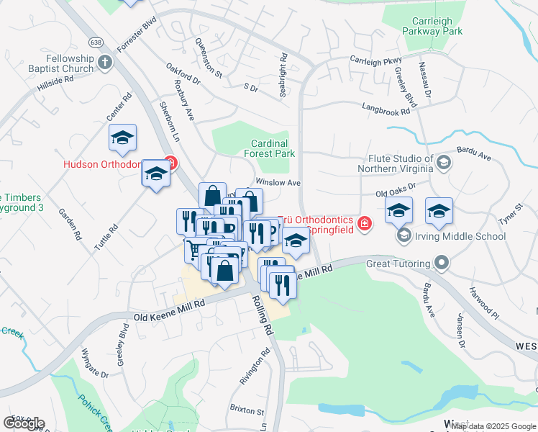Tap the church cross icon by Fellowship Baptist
click(x=104, y=62)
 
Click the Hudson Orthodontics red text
click(x=111, y=164)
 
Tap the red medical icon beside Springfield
click(x=365, y=224)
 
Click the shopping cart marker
click(x=193, y=250)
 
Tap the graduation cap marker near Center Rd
click(x=122, y=138)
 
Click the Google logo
click(x=24, y=423)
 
